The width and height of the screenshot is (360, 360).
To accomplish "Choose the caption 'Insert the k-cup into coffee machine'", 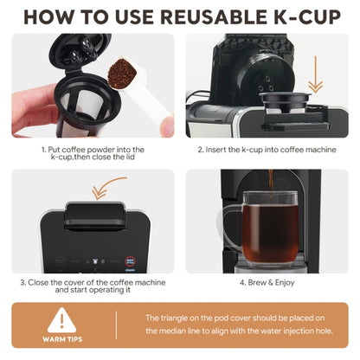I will coord(267,150).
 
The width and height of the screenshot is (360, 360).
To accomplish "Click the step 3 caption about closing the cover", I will coord(93,286).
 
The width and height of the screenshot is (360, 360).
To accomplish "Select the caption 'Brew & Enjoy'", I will coord(267,282).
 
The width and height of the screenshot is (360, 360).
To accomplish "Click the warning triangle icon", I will coord(62,319).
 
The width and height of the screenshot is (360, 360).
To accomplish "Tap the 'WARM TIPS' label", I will coord(62,338).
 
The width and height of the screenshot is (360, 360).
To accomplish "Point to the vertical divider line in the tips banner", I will coord(116,325).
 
